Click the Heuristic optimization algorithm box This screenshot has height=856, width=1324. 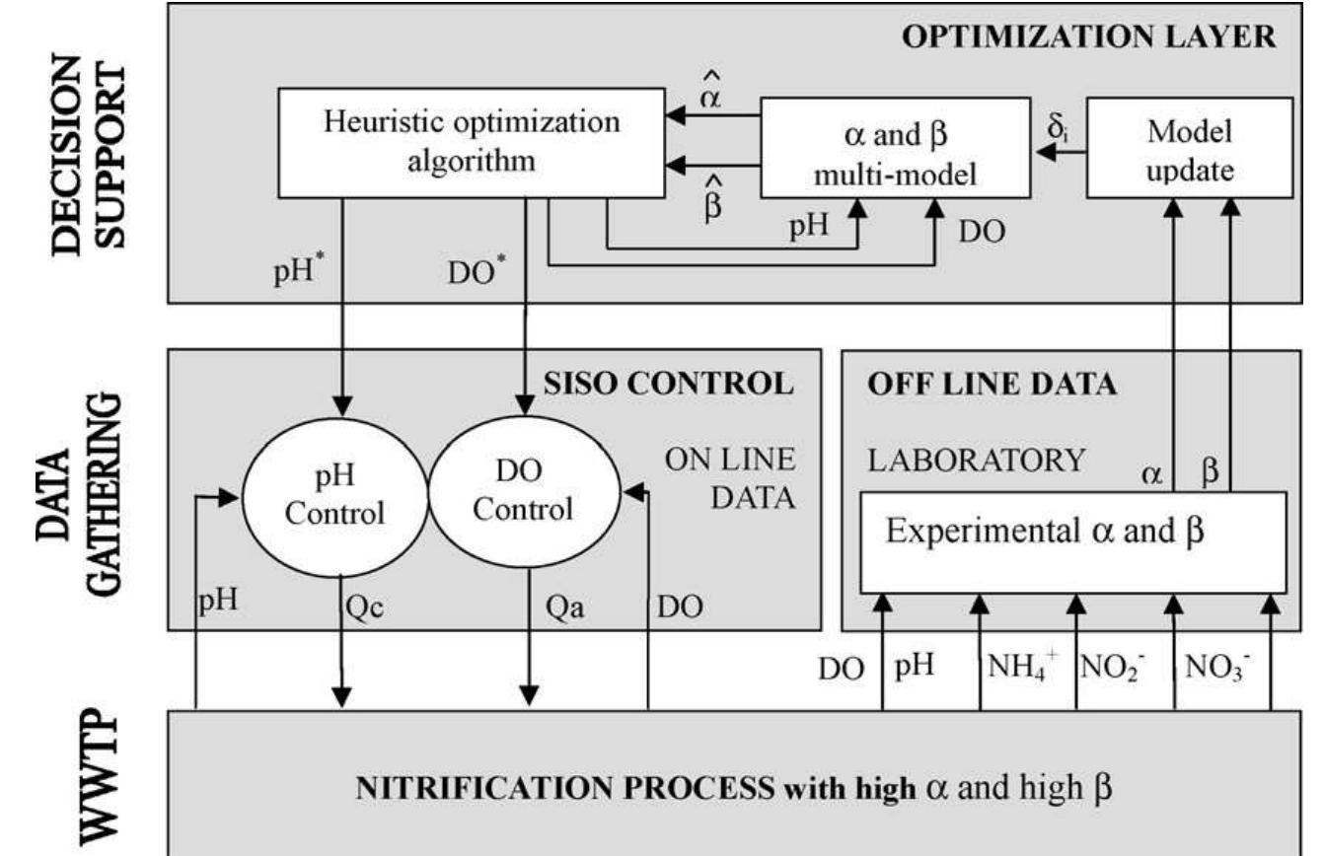pyautogui.click(x=472, y=141)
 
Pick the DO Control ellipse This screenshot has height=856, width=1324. pyautogui.click(x=525, y=491)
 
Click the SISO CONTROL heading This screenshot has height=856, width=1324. pyautogui.click(x=669, y=383)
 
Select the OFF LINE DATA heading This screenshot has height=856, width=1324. pyautogui.click(x=992, y=385)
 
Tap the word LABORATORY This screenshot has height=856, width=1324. pyautogui.click(x=977, y=460)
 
